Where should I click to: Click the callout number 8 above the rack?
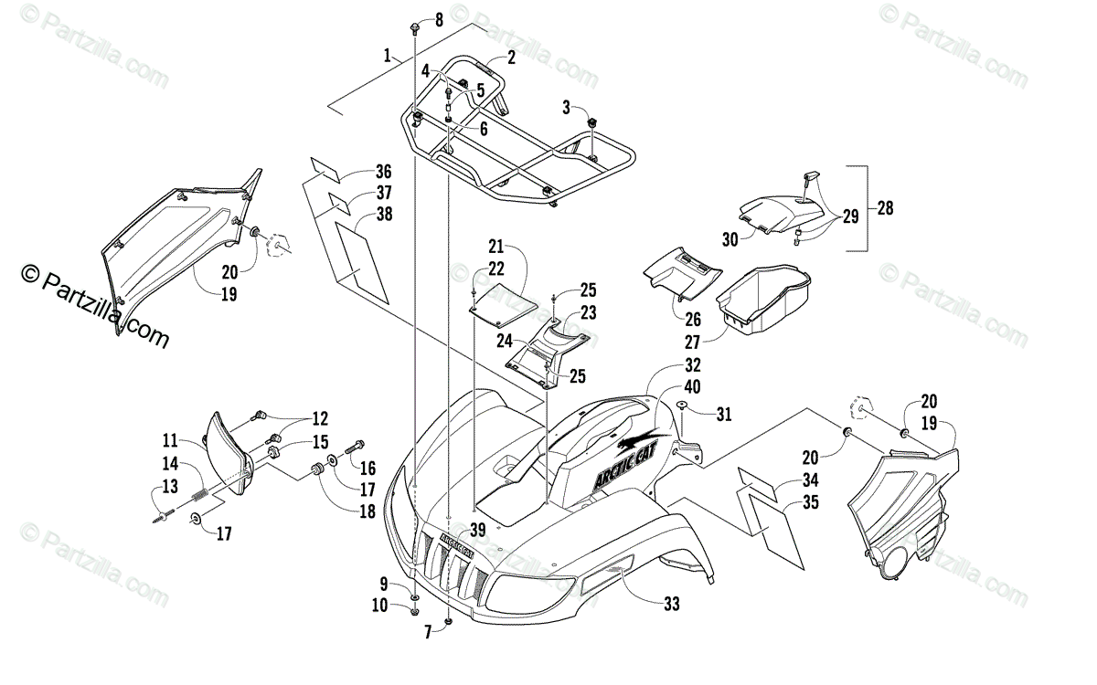point(438,19)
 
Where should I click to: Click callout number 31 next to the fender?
point(723,414)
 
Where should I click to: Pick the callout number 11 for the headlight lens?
point(171,438)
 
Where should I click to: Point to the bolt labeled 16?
point(355,448)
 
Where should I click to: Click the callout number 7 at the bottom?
point(428,632)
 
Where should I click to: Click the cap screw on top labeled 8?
point(416,25)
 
